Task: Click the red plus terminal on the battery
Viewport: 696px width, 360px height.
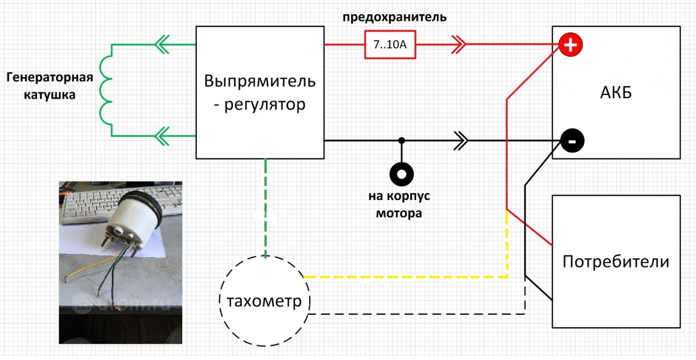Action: tap(570, 45)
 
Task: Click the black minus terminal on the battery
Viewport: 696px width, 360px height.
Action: tap(571, 141)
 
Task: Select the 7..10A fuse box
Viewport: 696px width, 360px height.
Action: tap(389, 45)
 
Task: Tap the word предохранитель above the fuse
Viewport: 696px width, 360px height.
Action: tap(394, 17)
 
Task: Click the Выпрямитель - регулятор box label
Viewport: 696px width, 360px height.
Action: tap(259, 92)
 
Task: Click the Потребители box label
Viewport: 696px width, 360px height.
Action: tap(616, 262)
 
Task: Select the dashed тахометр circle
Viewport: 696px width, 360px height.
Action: tap(264, 301)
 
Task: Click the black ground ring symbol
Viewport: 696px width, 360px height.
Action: tap(402, 174)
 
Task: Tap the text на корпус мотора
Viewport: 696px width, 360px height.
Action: tap(400, 205)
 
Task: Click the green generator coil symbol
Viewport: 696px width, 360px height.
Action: tap(106, 90)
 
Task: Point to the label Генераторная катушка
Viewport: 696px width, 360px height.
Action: tap(49, 86)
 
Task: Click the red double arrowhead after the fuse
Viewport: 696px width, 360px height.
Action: tap(458, 45)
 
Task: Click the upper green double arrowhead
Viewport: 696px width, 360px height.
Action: tap(161, 45)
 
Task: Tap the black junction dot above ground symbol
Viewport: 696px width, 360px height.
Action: tap(402, 141)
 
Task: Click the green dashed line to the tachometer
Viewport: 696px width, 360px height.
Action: tap(265, 207)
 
